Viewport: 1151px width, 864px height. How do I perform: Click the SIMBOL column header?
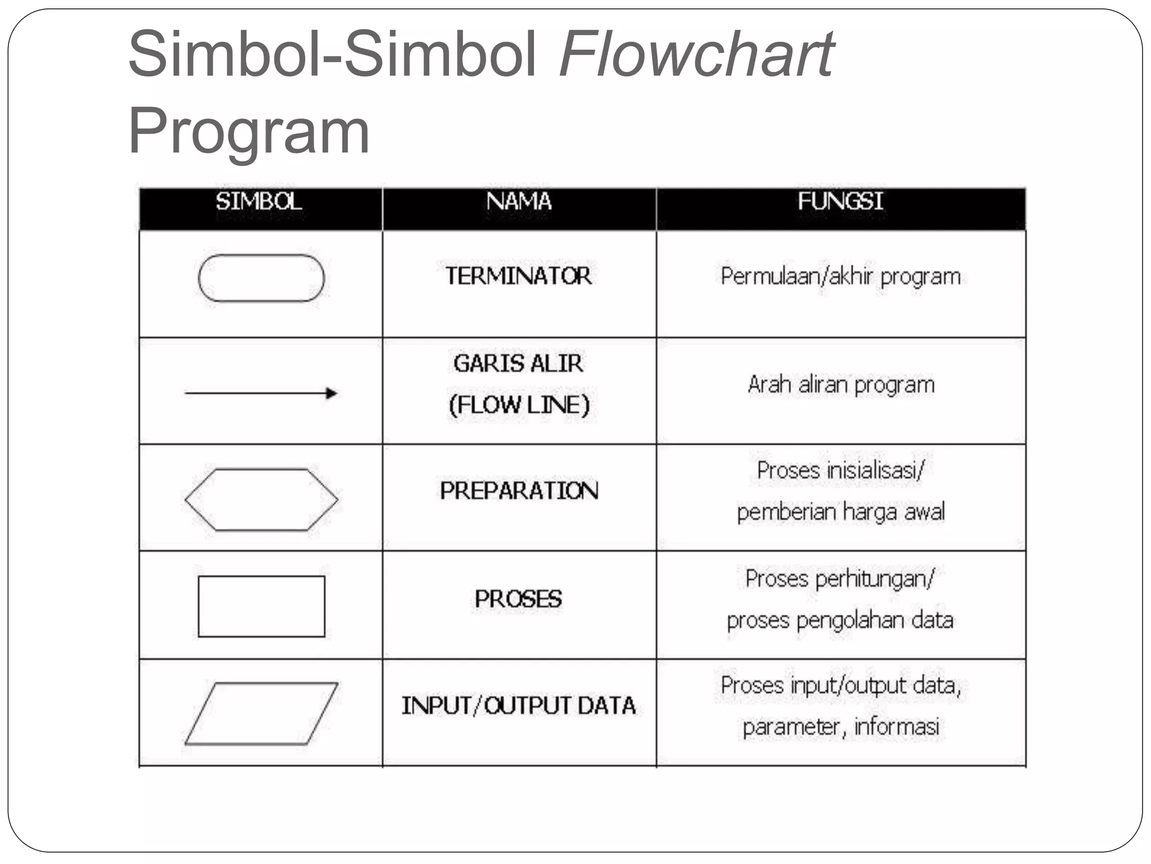click(259, 201)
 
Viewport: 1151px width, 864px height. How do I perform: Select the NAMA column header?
click(519, 201)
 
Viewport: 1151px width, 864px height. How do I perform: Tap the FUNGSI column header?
click(840, 201)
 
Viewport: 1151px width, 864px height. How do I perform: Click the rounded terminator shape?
click(261, 278)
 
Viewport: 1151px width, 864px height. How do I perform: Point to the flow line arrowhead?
click(332, 393)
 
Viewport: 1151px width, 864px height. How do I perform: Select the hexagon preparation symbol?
click(261, 499)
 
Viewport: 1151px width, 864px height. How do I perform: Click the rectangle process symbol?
click(261, 606)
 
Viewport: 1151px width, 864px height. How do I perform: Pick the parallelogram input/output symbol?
click(261, 713)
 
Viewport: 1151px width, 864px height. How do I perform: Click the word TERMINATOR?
click(518, 276)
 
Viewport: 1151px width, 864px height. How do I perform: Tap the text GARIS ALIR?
click(518, 364)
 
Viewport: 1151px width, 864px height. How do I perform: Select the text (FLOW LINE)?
click(519, 405)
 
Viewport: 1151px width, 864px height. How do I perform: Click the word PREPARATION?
click(519, 491)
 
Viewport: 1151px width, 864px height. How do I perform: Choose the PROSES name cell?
click(518, 599)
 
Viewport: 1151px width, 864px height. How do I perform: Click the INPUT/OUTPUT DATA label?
click(518, 706)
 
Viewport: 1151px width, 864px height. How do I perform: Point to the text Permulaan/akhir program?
click(840, 277)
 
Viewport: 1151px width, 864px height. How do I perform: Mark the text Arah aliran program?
click(841, 385)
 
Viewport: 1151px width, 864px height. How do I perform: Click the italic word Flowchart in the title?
click(697, 55)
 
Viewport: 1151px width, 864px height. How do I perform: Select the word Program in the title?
click(248, 131)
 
